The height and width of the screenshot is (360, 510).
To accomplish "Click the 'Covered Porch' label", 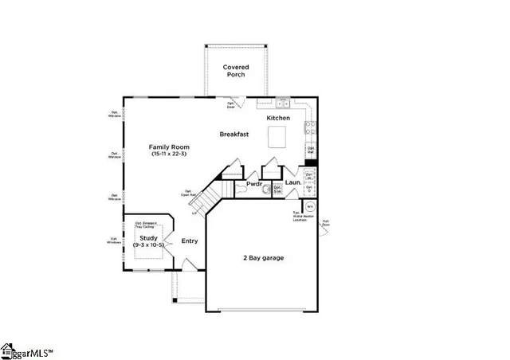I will click(236, 71).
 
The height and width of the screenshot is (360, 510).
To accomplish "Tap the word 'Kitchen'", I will click(278, 118).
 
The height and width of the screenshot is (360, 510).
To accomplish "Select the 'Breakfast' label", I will click(235, 135).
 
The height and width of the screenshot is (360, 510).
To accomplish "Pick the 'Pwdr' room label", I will click(254, 184).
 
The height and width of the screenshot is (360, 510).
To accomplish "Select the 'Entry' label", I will click(190, 241).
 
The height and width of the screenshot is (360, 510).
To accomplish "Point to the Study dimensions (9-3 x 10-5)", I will click(148, 245).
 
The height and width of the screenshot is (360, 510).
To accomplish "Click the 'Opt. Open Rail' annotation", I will click(189, 193).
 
